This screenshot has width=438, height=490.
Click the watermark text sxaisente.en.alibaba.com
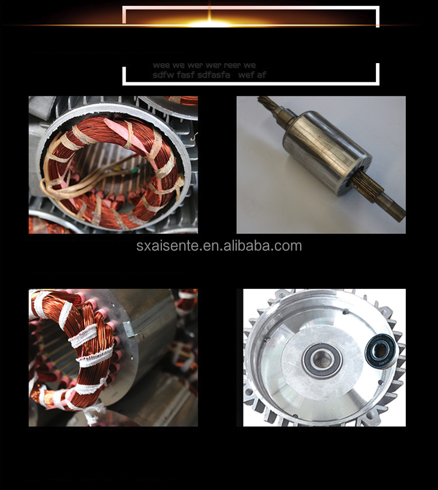219,246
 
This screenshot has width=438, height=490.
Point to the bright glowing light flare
209,24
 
